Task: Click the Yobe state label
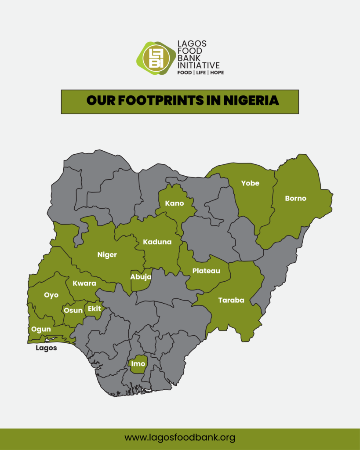250,183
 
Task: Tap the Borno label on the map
295,198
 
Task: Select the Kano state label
175,203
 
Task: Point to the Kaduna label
157,242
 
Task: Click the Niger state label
107,255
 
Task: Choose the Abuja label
141,277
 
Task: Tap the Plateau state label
206,271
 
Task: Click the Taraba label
231,301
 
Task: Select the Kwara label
84,283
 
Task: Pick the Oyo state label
51,295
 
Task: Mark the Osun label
73,310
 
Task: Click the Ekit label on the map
95,309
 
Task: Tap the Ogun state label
41,329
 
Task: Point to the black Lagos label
46,348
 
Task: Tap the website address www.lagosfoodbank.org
180,438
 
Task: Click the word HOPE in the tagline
217,73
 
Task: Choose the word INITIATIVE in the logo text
198,65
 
